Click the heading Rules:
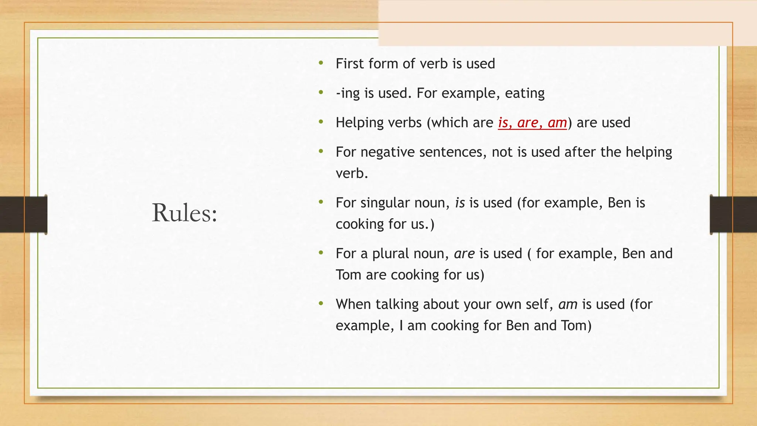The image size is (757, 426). (x=184, y=213)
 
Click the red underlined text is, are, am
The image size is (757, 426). (x=532, y=122)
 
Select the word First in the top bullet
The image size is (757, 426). (x=350, y=64)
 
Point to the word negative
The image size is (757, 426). (x=387, y=152)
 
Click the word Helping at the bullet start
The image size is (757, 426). (x=360, y=122)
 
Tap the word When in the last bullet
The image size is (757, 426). (x=353, y=304)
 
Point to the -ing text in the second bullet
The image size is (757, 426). (x=347, y=93)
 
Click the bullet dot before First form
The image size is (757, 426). (x=321, y=63)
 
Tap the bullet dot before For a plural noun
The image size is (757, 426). (x=321, y=253)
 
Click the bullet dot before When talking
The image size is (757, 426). (x=321, y=304)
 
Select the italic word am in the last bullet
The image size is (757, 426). (x=568, y=304)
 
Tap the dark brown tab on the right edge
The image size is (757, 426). (x=733, y=214)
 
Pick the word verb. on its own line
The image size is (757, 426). (x=352, y=173)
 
